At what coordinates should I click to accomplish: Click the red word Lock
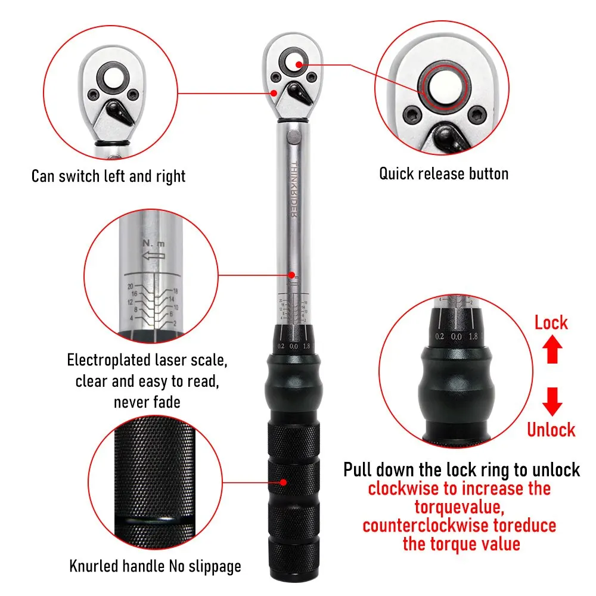tap(551, 323)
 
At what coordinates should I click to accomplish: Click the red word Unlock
tap(551, 430)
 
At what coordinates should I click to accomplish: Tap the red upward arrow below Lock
tap(551, 350)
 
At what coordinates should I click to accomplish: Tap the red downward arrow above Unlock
tap(551, 401)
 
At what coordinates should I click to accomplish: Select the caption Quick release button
tap(443, 174)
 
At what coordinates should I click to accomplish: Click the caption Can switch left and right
tap(108, 176)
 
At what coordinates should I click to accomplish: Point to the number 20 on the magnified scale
tap(131, 285)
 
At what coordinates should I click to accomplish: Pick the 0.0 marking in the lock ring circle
tap(457, 337)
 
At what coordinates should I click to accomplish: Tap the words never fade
tap(147, 402)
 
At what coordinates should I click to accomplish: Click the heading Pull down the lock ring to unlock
tap(461, 469)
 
